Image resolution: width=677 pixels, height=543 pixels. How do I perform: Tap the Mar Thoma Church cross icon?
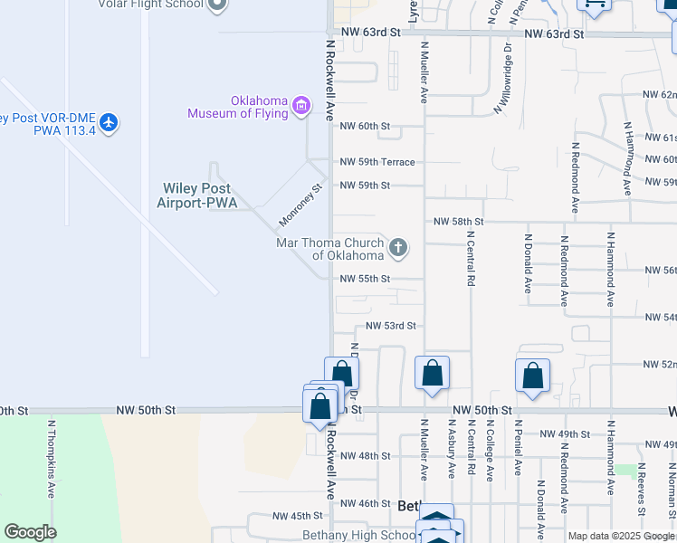(397, 247)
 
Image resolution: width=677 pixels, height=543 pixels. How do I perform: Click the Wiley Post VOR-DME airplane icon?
(109, 122)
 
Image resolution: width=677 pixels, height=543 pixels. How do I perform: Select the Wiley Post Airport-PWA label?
(197, 195)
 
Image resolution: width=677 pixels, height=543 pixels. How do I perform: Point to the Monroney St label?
(300, 206)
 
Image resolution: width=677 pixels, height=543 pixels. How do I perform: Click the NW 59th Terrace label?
(377, 162)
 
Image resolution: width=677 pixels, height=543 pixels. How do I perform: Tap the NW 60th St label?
(365, 126)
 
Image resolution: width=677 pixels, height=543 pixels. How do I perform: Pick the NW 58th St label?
(458, 221)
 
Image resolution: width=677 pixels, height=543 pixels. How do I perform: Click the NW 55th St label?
(365, 279)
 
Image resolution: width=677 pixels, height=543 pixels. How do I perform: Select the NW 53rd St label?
(390, 325)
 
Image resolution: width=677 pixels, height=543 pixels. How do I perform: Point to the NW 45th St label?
(298, 516)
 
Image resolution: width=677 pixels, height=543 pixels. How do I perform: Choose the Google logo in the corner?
(30, 532)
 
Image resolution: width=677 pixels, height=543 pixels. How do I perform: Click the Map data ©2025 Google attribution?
(622, 536)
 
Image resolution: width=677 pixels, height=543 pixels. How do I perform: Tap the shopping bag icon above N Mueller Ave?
(433, 373)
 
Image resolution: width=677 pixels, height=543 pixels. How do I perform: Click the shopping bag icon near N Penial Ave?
(533, 376)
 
